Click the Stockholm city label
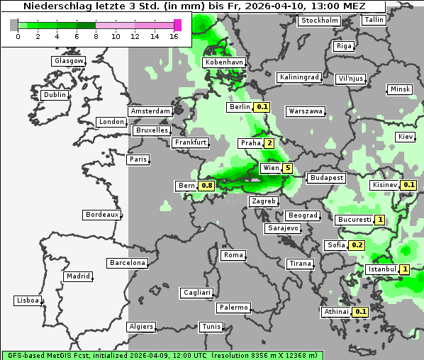point(319,21)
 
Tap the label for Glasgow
point(69,61)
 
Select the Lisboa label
point(27,300)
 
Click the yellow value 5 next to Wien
point(287,168)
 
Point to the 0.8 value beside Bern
point(206,186)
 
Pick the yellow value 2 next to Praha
point(269,143)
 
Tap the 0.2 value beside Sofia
point(357,245)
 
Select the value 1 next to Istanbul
point(404,269)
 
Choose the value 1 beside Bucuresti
point(380,220)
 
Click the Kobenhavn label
point(224,62)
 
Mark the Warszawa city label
point(306,111)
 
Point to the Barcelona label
point(128,263)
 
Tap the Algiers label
point(140,327)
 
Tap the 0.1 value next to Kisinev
point(408,185)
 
